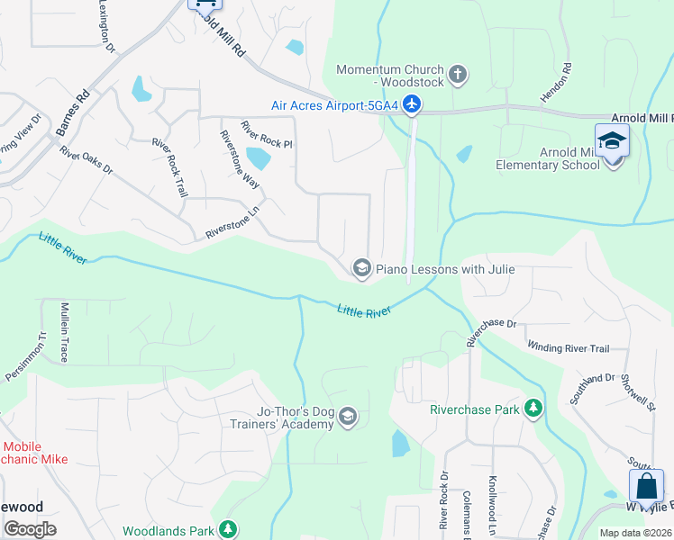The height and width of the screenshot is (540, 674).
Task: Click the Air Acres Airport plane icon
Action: click(x=412, y=104)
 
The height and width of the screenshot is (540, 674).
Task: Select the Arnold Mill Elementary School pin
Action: click(x=612, y=143)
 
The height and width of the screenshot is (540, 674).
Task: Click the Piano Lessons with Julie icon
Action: click(x=361, y=267)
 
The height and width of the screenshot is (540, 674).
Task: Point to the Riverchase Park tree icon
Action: click(x=533, y=409)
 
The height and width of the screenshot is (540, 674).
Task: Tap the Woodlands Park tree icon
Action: click(x=229, y=529)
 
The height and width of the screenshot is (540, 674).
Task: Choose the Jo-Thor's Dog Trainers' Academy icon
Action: click(x=348, y=418)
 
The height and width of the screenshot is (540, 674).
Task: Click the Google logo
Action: click(x=30, y=529)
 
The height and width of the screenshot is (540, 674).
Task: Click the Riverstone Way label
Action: click(x=240, y=158)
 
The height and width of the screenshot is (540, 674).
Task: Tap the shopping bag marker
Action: click(x=646, y=487)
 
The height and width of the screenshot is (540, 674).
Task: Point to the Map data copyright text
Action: click(x=636, y=533)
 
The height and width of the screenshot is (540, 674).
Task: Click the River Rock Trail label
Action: click(x=170, y=168)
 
